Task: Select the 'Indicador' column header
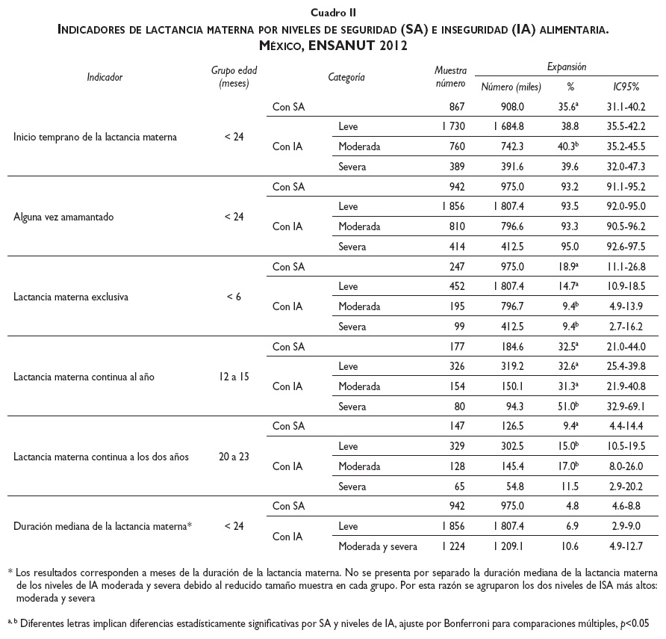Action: point(105,76)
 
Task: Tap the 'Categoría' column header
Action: point(346,76)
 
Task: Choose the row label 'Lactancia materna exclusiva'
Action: point(71,297)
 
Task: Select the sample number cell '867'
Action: point(455,108)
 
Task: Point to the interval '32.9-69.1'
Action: point(626,406)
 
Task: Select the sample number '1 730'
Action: point(449,127)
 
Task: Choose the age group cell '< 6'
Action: point(234,297)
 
